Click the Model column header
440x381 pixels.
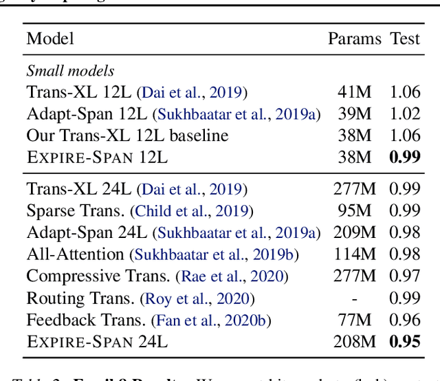pyautogui.click(x=50, y=38)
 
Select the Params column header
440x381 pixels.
pyautogui.click(x=354, y=38)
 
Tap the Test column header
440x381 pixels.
pyautogui.click(x=404, y=38)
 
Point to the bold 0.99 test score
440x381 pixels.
pyautogui.click(x=404, y=157)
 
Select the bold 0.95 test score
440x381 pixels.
pyautogui.click(x=404, y=340)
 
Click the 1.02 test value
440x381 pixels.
pyautogui.click(x=404, y=113)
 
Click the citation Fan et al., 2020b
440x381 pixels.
pyautogui.click(x=212, y=320)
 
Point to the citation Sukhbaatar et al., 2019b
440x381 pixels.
pyautogui.click(x=214, y=255)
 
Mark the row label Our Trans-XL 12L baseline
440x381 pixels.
pyautogui.click(x=127, y=135)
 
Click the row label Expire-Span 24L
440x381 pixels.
pyautogui.click(x=97, y=341)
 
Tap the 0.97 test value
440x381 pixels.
pyautogui.click(x=404, y=276)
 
